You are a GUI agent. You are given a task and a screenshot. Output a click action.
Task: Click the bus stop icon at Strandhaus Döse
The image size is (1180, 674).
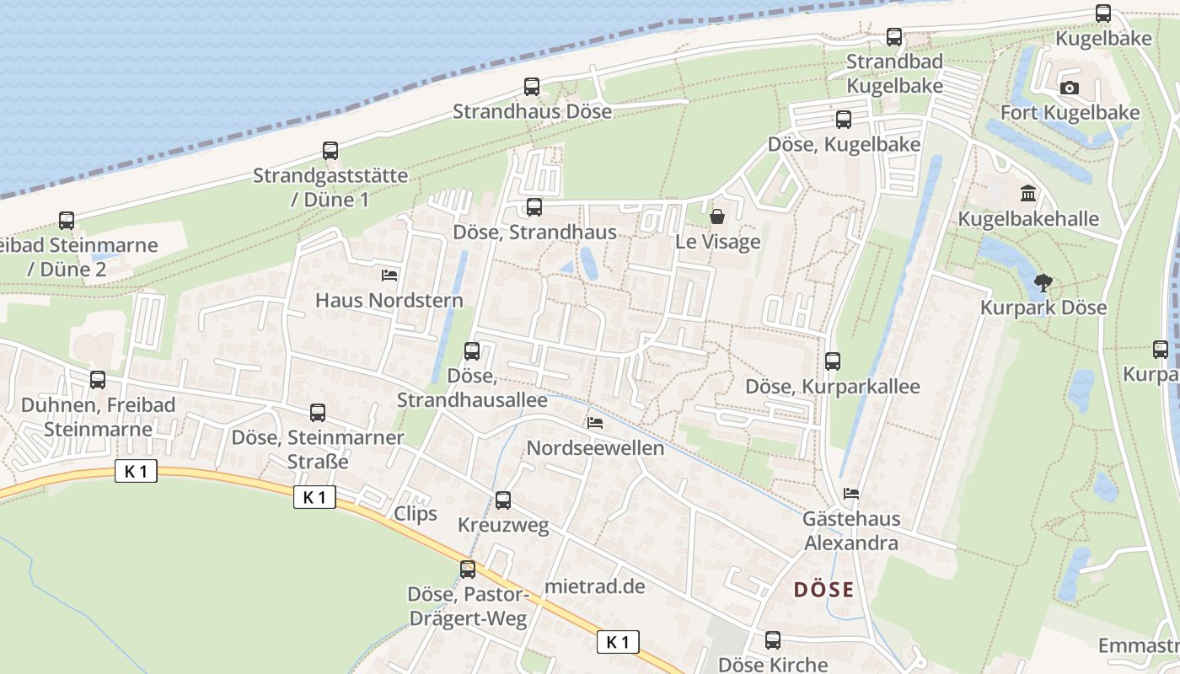pos(532,86)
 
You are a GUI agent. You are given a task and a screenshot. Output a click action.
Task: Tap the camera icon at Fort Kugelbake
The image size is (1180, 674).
pos(1069,88)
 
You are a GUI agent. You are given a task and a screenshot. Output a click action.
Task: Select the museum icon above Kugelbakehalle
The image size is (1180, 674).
pos(1028,195)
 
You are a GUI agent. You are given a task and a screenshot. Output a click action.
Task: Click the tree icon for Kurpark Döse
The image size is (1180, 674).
pos(1043,283)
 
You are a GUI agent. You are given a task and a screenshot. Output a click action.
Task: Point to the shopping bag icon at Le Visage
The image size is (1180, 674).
pos(717,217)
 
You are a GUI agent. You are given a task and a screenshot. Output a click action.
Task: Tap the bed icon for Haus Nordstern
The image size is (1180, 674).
pos(389,275)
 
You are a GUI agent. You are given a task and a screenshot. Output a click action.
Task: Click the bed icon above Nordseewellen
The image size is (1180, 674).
pos(595,423)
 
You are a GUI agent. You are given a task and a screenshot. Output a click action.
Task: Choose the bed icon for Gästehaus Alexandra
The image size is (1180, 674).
pos(851,494)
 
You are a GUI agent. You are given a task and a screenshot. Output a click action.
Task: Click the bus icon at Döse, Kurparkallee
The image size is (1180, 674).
pos(833,361)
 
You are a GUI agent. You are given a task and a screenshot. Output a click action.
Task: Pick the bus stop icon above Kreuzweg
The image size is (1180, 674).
pos(503,500)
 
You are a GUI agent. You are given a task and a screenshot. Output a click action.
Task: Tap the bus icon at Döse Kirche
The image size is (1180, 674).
pos(773,640)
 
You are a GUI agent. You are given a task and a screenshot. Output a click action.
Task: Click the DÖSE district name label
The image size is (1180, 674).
pos(824,590)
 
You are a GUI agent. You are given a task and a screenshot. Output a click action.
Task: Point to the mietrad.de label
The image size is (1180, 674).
pos(595,586)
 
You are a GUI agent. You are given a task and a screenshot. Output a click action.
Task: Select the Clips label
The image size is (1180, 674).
pos(416,513)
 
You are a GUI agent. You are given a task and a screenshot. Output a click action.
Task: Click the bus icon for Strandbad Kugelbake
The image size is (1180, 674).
pos(894,37)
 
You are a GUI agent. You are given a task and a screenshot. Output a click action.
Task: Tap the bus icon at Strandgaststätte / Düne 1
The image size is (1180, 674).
pos(330,152)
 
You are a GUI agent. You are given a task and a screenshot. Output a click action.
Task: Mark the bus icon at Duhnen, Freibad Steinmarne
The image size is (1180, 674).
pos(98,380)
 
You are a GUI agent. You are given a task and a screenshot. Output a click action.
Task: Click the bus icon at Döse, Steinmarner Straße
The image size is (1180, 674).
pos(318,413)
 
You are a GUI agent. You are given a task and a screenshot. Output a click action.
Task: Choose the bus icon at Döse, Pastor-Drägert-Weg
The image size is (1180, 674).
pos(468,570)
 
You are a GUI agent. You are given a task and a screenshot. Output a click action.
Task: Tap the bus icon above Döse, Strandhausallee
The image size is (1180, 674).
pos(472,351)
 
